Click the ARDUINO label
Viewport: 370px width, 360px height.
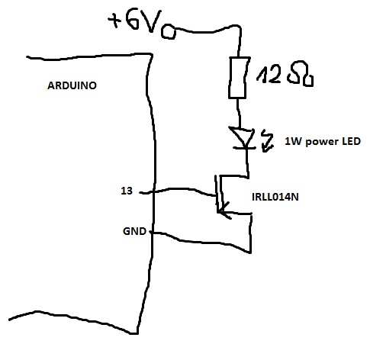pos(72,85)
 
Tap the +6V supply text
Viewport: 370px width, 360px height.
pos(135,21)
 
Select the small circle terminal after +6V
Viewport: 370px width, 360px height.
pos(168,32)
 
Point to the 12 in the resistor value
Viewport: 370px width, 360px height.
pos(269,75)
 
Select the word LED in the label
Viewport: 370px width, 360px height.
pos(351,141)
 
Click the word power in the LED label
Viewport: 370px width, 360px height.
pos(322,142)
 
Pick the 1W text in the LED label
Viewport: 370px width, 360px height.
pos(294,141)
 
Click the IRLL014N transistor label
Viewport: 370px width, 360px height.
pos(275,197)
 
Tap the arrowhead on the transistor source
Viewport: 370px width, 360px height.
pos(224,211)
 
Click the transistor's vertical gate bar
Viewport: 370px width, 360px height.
pos(216,193)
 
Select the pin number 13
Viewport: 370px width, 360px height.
pos(127,191)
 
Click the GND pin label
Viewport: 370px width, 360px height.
pos(134,231)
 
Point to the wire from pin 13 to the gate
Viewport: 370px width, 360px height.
pos(178,190)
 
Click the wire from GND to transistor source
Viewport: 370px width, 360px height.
pos(204,242)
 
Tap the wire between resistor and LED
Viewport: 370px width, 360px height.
pos(239,112)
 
